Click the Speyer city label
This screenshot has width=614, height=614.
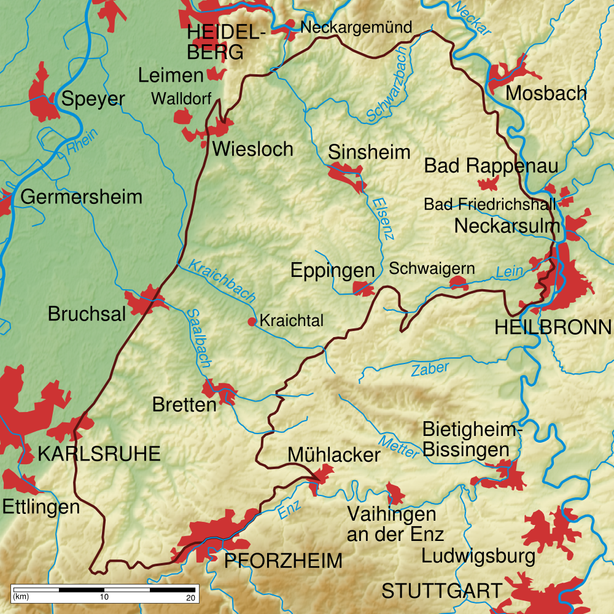pyautogui.click(x=94, y=99)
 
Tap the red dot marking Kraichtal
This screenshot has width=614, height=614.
pyautogui.click(x=252, y=321)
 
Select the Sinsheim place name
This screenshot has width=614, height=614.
pyautogui.click(x=369, y=152)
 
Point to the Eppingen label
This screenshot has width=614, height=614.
pyautogui.click(x=332, y=270)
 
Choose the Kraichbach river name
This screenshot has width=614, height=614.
pyautogui.click(x=222, y=280)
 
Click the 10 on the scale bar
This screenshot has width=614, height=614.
pyautogui.click(x=104, y=597)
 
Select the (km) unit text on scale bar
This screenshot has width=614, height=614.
pyautogui.click(x=21, y=597)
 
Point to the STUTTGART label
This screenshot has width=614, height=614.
pyautogui.click(x=441, y=591)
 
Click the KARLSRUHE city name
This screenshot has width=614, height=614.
pyautogui.click(x=99, y=454)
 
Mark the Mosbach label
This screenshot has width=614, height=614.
pyautogui.click(x=546, y=93)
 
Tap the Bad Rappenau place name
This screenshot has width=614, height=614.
pyautogui.click(x=491, y=166)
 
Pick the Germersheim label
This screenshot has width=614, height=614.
pyautogui.click(x=81, y=197)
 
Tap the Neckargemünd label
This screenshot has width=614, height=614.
pyautogui.click(x=356, y=28)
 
